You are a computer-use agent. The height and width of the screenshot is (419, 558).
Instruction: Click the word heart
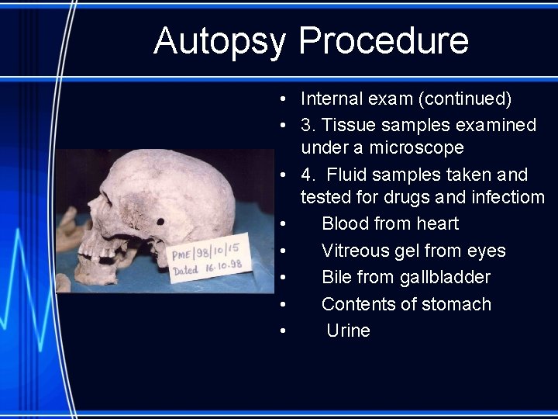click(438, 223)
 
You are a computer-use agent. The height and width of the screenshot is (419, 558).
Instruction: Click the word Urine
click(348, 331)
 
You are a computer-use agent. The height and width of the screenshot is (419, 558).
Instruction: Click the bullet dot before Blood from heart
click(285, 224)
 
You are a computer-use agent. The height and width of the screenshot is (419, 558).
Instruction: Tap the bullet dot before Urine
click(285, 331)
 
